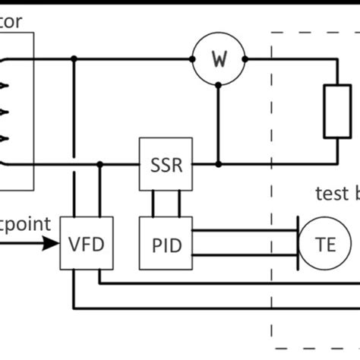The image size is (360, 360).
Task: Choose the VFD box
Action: [82, 245]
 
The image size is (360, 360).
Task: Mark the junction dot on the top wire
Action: [73, 58]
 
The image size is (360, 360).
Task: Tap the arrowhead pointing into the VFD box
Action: [54, 245]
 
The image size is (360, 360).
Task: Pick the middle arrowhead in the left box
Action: [7, 112]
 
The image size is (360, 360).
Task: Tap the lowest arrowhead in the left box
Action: [7, 138]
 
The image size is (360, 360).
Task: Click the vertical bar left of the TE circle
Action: [297, 245]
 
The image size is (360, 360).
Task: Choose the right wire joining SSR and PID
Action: [178, 204]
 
